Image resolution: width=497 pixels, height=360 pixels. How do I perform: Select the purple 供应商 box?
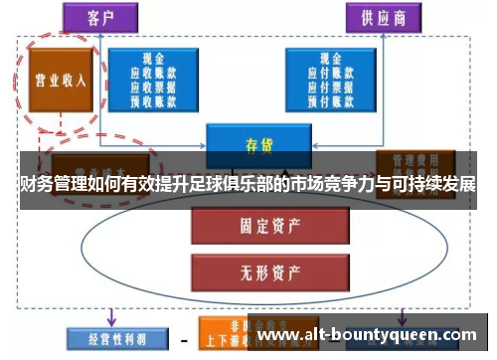coord(384,17)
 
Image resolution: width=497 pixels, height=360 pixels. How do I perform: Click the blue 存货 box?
coord(259,142)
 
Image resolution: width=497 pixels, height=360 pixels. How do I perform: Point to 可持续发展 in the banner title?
coord(432,185)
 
